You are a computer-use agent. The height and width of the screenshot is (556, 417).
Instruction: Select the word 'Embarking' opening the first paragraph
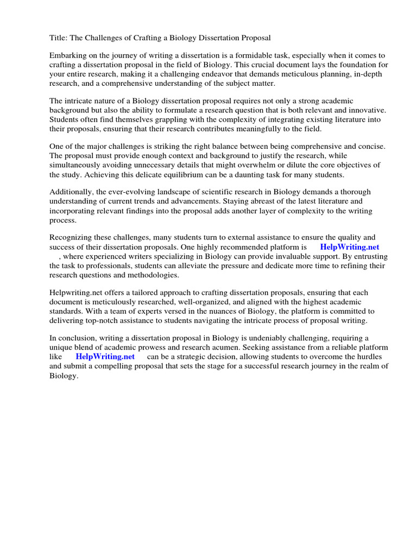[x=68, y=56]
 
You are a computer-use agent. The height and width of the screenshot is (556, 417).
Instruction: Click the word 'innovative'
[x=365, y=110]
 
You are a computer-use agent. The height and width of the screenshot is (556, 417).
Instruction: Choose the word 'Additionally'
[x=71, y=192]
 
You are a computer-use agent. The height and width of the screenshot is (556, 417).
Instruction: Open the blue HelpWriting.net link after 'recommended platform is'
[x=350, y=247]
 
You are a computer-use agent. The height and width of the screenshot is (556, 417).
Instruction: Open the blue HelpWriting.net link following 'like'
[x=105, y=357]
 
